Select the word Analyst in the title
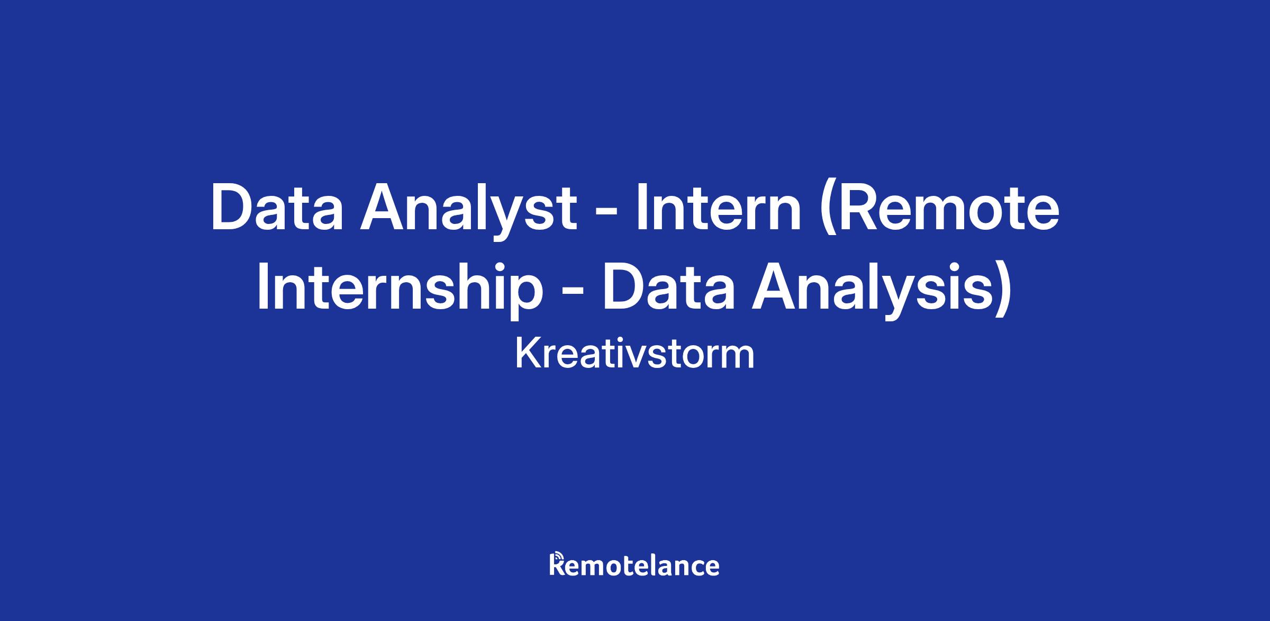pos(469,210)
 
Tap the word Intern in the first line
pos(719,207)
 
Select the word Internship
pos(400,289)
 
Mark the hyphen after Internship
pos(572,292)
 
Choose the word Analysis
pos(873,289)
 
